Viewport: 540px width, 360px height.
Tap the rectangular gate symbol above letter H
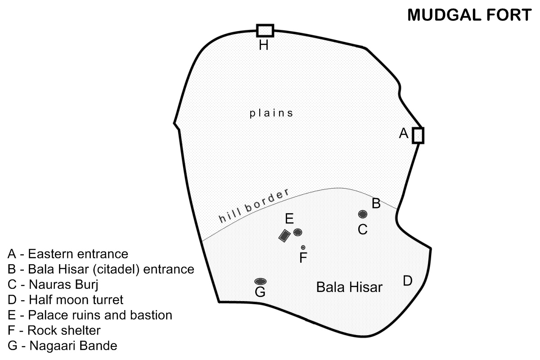pos(265,30)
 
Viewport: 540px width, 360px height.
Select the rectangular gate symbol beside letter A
pos(418,135)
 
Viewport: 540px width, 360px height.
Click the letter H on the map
pos(264,45)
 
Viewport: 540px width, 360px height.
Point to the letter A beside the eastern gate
pos(404,133)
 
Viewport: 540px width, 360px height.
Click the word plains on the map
pos(271,113)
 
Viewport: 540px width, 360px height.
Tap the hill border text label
pos(253,207)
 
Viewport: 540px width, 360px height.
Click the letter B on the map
pos(376,203)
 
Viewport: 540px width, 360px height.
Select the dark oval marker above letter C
pos(363,214)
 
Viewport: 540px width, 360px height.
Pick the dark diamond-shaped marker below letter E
pos(284,236)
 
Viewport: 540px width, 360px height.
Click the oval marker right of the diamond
pos(297,232)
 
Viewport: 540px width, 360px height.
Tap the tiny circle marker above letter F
pos(303,247)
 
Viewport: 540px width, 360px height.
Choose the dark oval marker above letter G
pos(260,281)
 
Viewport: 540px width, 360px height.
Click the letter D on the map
pos(407,281)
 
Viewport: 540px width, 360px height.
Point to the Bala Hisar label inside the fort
pos(349,287)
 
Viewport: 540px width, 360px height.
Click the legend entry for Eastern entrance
pos(68,254)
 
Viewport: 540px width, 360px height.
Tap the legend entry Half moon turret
pos(65,300)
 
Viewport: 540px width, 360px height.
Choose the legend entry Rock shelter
pos(54,330)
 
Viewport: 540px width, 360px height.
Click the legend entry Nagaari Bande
pos(63,346)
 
